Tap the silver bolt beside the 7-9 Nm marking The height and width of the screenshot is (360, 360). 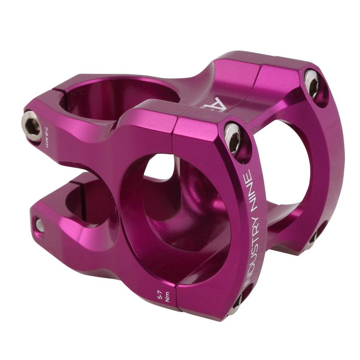point(31,125)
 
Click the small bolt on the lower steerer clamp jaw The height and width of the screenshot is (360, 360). point(39,225)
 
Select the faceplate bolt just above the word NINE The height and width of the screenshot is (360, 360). point(233,137)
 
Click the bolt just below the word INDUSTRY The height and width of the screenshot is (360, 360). point(238,302)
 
